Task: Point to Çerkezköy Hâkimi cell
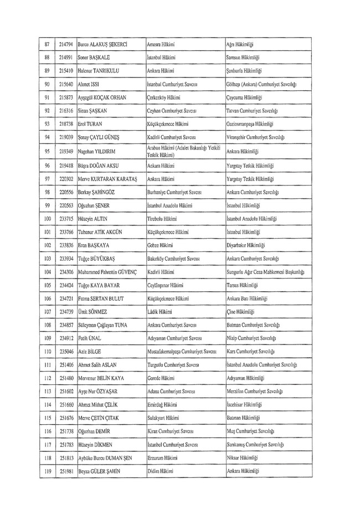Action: pyautogui.click(x=161, y=97)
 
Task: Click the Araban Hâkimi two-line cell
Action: pyautogui.click(x=183, y=151)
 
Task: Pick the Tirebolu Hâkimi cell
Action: pyautogui.click(x=160, y=219)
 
